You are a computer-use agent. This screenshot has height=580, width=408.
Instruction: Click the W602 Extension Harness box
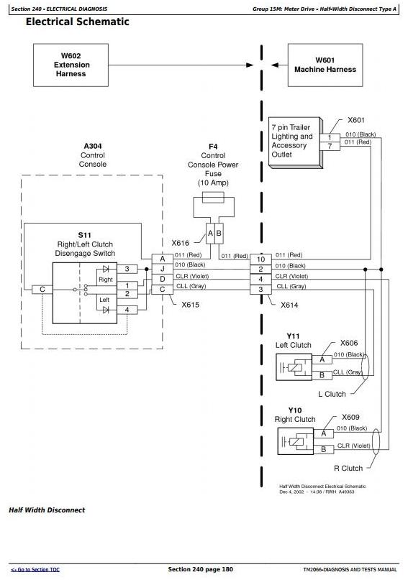tap(71, 65)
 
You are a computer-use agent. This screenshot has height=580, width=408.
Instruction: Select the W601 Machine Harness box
tap(325, 65)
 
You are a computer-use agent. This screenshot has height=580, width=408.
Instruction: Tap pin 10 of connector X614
tap(260, 259)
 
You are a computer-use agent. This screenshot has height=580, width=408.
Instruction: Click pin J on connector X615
tap(162, 269)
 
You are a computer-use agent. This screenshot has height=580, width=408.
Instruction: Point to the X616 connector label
tap(181, 243)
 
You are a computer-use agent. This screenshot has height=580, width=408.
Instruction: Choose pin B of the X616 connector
tap(219, 234)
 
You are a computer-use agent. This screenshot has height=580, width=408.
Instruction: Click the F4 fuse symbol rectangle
tap(214, 198)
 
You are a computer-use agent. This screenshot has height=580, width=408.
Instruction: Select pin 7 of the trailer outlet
tap(330, 146)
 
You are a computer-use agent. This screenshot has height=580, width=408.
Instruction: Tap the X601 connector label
tap(355, 120)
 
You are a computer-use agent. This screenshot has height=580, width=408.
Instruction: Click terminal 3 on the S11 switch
tap(127, 269)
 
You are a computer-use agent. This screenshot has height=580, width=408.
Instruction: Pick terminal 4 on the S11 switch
tap(127, 310)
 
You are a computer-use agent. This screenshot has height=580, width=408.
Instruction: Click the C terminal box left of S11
tap(42, 290)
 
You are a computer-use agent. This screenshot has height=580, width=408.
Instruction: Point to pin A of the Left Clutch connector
tap(322, 359)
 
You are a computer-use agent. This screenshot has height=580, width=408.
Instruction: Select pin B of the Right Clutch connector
tap(324, 449)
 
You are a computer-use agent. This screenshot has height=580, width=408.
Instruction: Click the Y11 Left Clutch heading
tap(293, 341)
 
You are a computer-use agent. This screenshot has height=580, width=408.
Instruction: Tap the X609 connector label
tap(350, 418)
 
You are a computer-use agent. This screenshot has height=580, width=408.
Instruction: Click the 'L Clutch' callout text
tap(332, 394)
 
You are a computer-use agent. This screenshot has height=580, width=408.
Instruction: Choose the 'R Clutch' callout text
tap(348, 469)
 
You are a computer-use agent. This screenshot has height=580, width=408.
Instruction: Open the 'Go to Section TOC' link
tap(35, 570)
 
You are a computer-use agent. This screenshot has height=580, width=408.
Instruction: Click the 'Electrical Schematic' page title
tap(78, 22)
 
